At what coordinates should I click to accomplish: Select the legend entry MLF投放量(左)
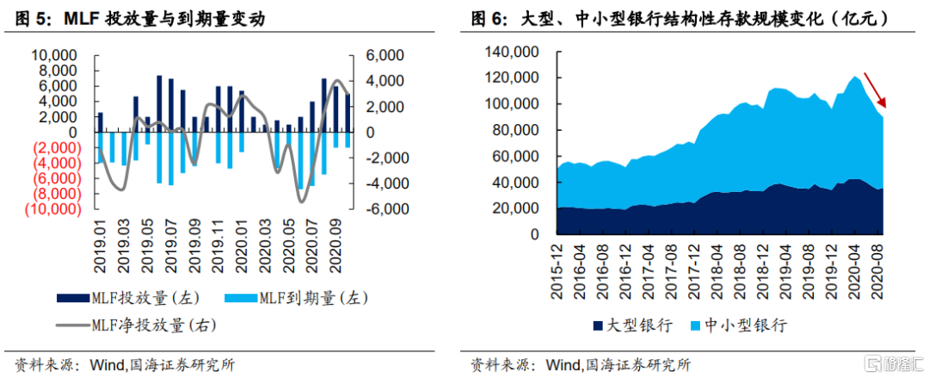128,298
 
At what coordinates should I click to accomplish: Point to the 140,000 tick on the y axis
509,53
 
